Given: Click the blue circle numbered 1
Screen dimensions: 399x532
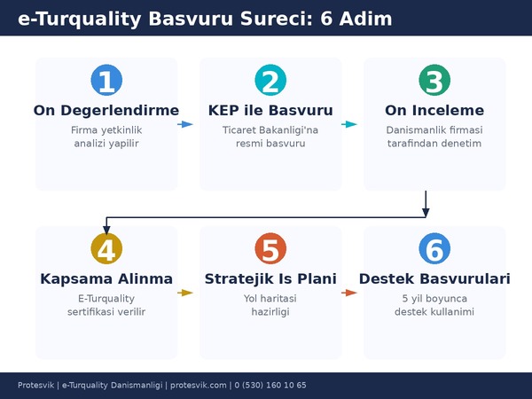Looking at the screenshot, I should click(x=106, y=81).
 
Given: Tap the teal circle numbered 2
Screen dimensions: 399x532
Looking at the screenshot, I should click(x=270, y=81).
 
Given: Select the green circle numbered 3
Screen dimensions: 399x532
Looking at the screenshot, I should click(x=434, y=81).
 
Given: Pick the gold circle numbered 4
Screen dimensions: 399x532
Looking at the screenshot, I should click(x=106, y=249).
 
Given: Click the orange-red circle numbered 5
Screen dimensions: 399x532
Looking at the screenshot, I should click(x=270, y=249).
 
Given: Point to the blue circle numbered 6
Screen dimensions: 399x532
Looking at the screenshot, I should click(x=434, y=249).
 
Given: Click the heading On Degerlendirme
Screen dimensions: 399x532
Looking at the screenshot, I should click(x=106, y=111).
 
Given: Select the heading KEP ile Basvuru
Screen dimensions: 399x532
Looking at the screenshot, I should click(x=270, y=111).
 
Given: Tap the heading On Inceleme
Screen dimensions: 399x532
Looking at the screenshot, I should click(x=434, y=111).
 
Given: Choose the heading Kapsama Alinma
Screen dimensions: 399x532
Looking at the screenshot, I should click(x=106, y=279).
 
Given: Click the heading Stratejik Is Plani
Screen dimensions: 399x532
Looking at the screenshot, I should click(x=270, y=279).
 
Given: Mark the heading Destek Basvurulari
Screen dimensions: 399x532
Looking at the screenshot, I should click(x=434, y=279).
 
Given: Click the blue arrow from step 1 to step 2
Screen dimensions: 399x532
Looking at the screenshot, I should click(x=185, y=124).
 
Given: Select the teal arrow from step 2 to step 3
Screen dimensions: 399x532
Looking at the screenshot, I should click(x=350, y=124).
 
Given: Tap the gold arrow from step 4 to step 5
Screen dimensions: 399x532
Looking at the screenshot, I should click(x=186, y=293).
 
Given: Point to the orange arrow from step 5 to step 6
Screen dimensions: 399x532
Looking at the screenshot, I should click(x=350, y=293).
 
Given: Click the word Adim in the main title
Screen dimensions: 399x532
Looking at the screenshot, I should click(x=364, y=19).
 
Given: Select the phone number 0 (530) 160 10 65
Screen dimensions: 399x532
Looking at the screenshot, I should click(x=270, y=385).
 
